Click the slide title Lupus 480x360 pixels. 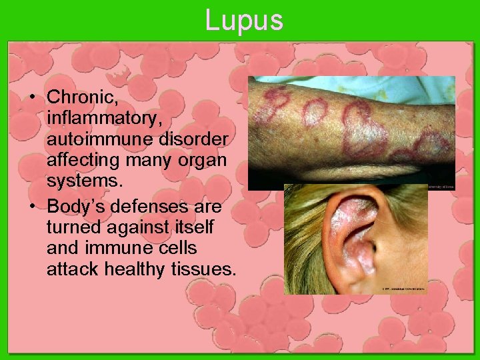pos(244,20)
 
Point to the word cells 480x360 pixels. pos(176,247)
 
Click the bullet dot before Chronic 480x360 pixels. pos(32,97)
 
